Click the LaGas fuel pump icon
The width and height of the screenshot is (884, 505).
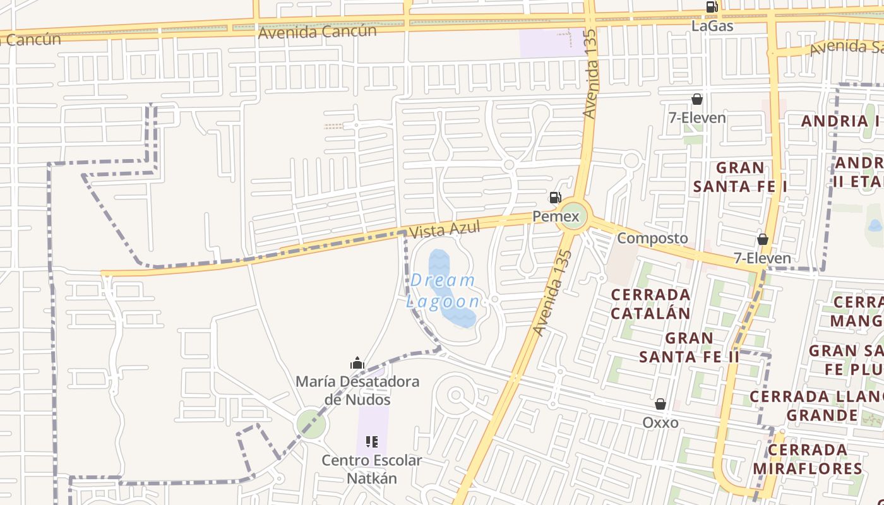click(x=712, y=8)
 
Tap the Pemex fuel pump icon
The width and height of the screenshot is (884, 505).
click(x=556, y=198)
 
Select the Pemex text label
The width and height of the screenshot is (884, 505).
click(x=556, y=217)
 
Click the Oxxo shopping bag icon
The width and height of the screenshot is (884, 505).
click(x=660, y=404)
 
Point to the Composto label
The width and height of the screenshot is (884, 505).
click(x=652, y=238)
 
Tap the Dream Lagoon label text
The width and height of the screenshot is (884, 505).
click(x=443, y=290)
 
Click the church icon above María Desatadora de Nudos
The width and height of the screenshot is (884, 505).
click(x=357, y=363)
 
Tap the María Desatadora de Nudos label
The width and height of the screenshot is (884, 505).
click(x=357, y=391)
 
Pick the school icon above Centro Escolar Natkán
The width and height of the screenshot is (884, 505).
click(x=372, y=442)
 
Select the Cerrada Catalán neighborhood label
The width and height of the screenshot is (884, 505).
click(x=650, y=304)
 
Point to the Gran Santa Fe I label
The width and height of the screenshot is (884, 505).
click(x=740, y=177)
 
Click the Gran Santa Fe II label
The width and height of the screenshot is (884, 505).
click(x=689, y=347)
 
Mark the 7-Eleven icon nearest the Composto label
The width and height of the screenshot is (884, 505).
click(x=763, y=239)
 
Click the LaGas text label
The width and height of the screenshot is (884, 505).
click(x=712, y=26)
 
